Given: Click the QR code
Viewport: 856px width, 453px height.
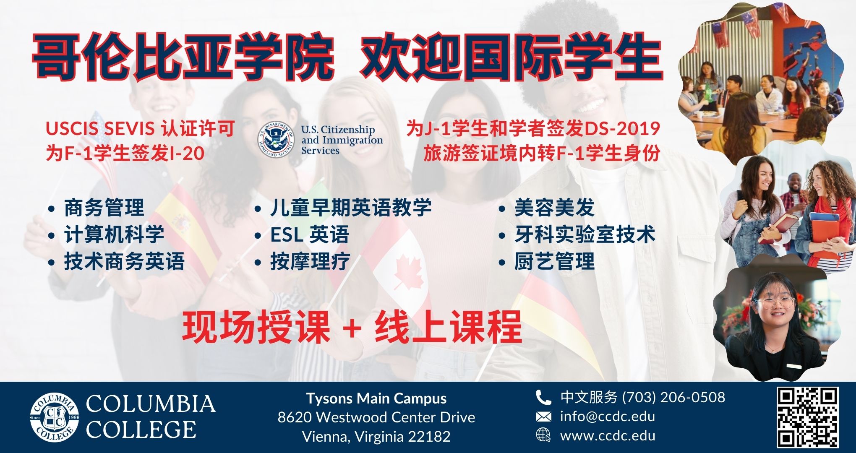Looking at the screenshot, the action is coord(808,417).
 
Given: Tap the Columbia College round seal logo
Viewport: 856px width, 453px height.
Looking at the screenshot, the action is coord(55,417).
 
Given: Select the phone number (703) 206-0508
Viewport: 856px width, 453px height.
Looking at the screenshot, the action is coord(673,397).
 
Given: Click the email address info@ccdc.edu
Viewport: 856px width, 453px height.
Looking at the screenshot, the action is coord(608,417).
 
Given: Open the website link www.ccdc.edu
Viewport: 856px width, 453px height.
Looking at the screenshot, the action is coord(608,436).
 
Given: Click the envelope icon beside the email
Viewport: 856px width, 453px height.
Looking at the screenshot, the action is coord(543,417).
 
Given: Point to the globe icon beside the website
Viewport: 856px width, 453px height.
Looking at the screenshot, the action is coord(543,435).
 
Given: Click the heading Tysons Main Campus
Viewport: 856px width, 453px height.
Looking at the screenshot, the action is coord(376,398).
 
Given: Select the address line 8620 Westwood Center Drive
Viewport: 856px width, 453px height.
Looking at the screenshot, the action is coord(376,417).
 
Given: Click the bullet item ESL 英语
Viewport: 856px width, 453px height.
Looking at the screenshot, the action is coord(310,234).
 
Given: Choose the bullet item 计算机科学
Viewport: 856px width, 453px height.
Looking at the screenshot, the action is coord(114,234).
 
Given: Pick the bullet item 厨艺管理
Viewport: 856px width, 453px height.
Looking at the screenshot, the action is coord(555,261).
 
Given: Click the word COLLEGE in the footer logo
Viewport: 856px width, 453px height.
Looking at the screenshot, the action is coord(141,430).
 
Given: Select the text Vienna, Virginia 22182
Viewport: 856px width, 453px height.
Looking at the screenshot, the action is coord(376,437).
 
